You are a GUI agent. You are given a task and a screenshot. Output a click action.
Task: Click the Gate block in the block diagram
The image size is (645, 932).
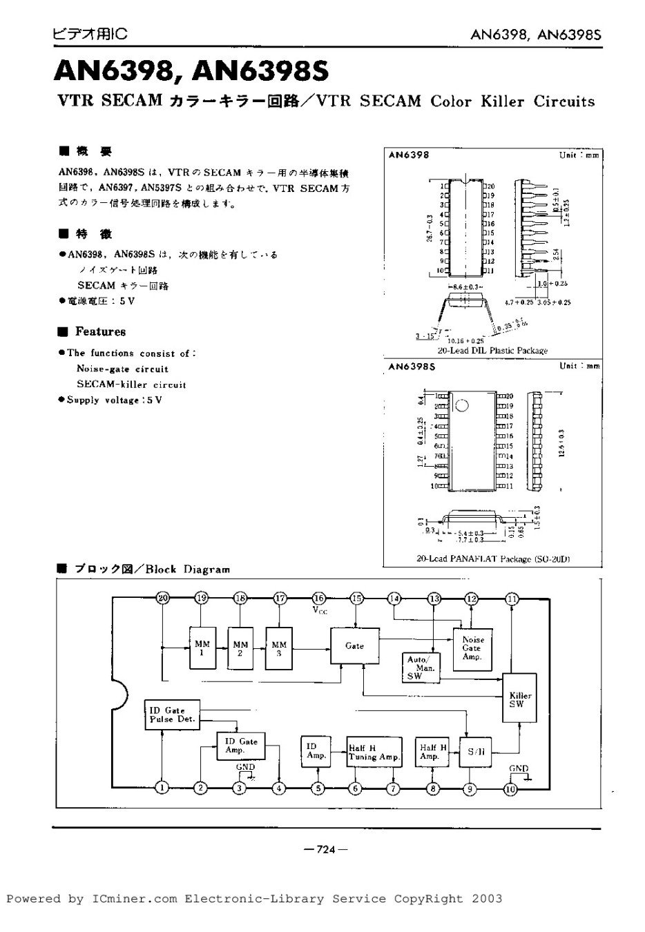tap(354, 646)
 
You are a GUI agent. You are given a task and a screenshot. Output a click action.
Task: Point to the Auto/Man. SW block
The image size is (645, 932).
tap(417, 668)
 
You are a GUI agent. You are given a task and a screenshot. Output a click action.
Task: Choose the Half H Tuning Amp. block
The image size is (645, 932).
tap(374, 752)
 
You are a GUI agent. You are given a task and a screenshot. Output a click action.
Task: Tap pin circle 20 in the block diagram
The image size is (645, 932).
tap(162, 598)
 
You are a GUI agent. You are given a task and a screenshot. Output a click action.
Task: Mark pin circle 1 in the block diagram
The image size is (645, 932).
tap(162, 788)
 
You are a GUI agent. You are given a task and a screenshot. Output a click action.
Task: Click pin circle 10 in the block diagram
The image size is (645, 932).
tap(511, 788)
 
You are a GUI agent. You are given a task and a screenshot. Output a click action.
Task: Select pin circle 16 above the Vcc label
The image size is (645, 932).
tap(318, 598)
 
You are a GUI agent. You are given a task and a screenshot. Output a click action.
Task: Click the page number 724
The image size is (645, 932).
tap(325, 849)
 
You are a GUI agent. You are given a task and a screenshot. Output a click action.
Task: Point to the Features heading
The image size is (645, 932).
tap(100, 331)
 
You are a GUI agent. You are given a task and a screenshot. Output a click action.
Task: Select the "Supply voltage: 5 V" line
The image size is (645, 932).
tap(114, 400)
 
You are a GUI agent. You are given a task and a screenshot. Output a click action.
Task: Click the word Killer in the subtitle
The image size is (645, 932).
tap(499, 101)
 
